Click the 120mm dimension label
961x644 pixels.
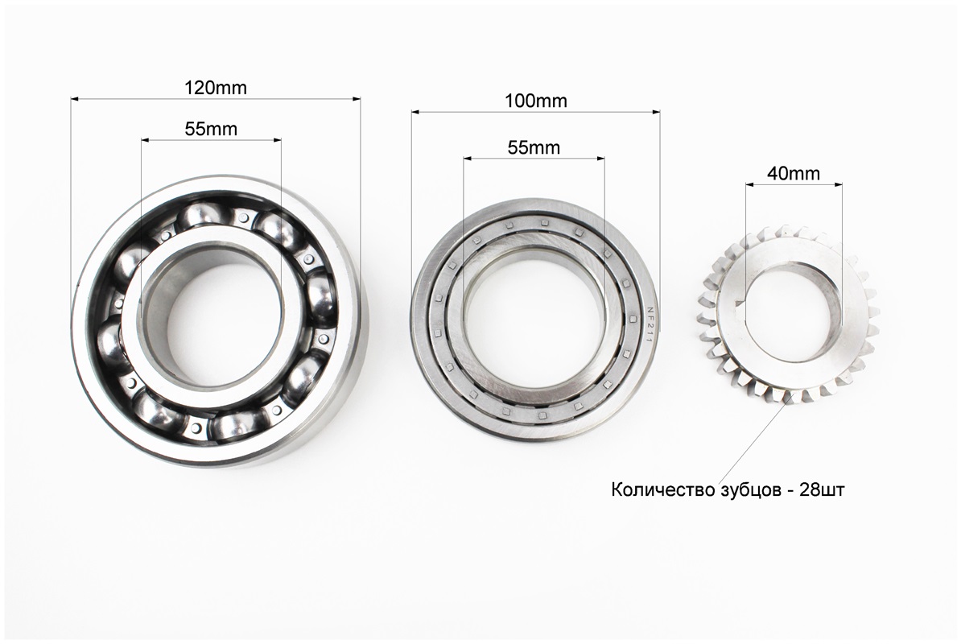click(215, 86)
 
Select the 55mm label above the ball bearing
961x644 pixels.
click(211, 129)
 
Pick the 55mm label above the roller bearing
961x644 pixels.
click(534, 147)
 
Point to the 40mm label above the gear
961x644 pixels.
click(794, 173)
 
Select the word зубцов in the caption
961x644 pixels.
click(745, 489)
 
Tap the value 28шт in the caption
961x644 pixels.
click(822, 489)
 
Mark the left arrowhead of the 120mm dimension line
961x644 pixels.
click(75, 99)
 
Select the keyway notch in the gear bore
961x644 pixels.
click(743, 305)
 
